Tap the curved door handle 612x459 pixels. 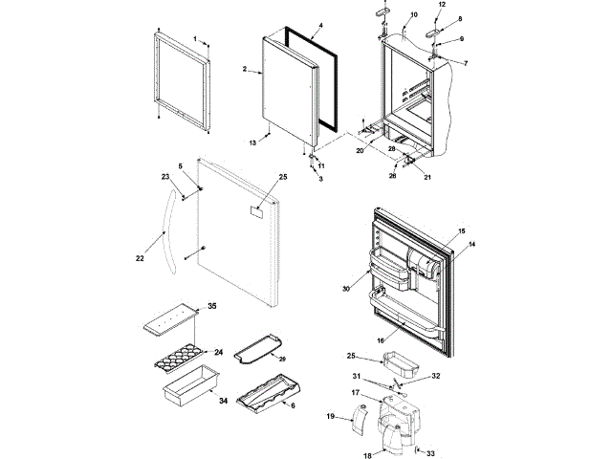169,229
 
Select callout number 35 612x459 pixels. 212,306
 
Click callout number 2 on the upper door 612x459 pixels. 246,69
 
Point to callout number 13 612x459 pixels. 253,142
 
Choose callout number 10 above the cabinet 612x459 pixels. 413,15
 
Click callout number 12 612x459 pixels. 441,5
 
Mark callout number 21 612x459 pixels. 426,178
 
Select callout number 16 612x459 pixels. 380,339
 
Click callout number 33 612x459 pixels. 430,452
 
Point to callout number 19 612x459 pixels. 331,417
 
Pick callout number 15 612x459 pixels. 462,232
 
